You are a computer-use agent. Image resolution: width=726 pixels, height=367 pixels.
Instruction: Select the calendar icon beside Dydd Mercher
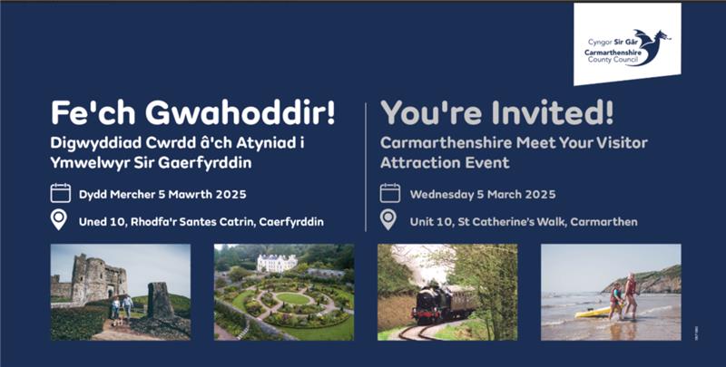pyautogui.click(x=61, y=193)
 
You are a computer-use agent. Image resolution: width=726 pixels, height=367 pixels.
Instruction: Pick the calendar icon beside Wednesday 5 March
pyautogui.click(x=390, y=193)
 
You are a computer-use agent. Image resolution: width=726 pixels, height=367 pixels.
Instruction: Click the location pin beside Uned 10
pyautogui.click(x=59, y=219)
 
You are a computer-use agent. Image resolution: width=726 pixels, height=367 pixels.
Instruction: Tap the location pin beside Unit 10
pyautogui.click(x=388, y=219)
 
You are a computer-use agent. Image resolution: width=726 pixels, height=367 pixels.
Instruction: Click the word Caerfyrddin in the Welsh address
pyautogui.click(x=291, y=222)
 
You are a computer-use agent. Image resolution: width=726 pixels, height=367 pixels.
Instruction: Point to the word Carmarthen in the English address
pyautogui.click(x=603, y=222)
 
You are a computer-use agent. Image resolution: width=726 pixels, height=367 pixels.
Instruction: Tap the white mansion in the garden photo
pyautogui.click(x=277, y=263)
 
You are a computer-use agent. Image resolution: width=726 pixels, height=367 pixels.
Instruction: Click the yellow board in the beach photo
pyautogui.click(x=594, y=312)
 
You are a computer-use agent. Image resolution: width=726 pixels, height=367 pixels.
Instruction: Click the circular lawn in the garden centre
pyautogui.click(x=292, y=299)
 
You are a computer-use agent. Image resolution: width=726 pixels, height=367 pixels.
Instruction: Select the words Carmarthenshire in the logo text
pyautogui.click(x=613, y=53)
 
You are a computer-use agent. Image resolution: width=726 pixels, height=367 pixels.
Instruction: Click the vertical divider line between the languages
pyautogui.click(x=366, y=167)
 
